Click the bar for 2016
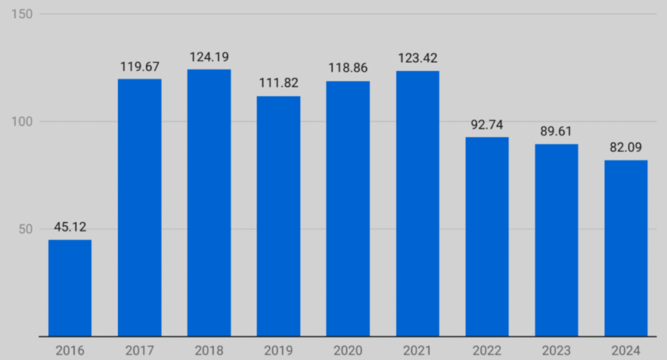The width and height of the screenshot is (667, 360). (x=70, y=288)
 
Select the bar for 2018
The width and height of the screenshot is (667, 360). (x=209, y=202)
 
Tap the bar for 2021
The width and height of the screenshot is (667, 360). (x=418, y=203)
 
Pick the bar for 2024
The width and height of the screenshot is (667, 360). (x=626, y=248)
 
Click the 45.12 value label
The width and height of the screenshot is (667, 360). (x=70, y=227)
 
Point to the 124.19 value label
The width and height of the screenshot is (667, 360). (x=209, y=57)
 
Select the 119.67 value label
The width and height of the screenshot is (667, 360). (x=139, y=66)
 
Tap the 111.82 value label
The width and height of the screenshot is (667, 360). (x=278, y=83)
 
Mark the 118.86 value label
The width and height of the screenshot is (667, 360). (x=348, y=68)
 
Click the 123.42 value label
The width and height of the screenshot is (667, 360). (x=418, y=59)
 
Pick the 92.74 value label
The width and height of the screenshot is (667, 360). (x=487, y=125)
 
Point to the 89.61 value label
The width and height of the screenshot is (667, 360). (x=556, y=132)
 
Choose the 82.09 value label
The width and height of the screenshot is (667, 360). (x=626, y=148)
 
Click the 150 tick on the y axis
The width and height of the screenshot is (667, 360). (x=23, y=14)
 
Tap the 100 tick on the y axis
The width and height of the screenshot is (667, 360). (x=23, y=122)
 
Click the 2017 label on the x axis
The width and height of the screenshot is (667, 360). (x=139, y=351)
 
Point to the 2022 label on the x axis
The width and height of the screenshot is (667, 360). (x=487, y=351)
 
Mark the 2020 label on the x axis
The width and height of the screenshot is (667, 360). (x=348, y=351)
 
